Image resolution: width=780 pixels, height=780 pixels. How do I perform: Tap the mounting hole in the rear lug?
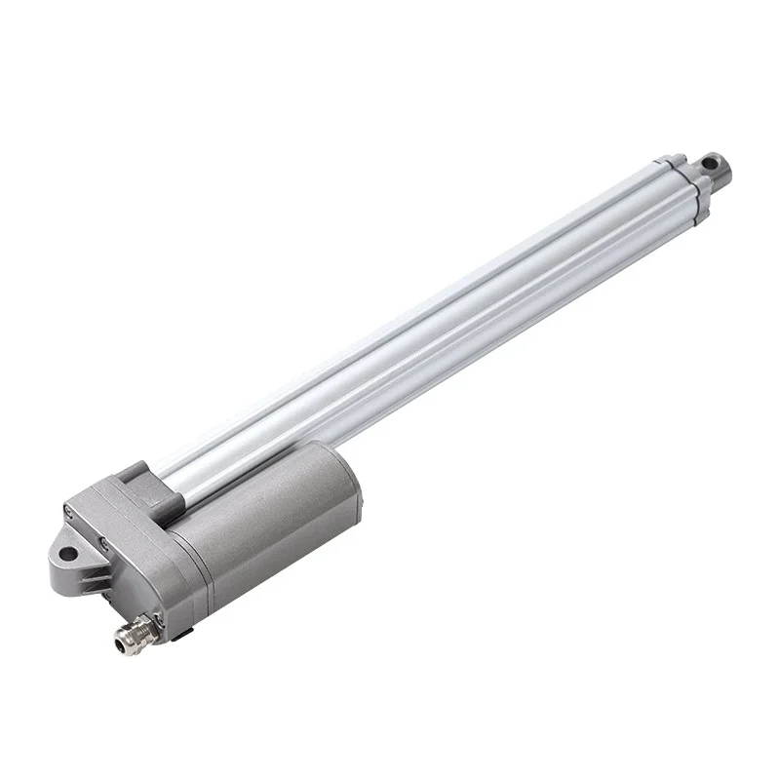pos(67,555)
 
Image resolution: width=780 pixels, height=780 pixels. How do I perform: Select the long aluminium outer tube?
pos(429,322)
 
